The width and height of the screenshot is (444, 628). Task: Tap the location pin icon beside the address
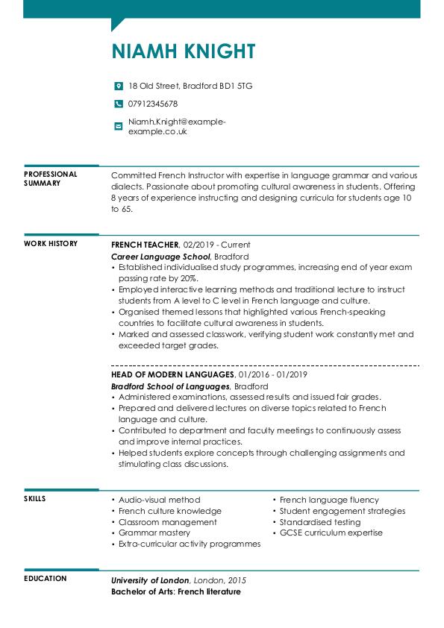118,86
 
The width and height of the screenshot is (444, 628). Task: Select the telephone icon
118,104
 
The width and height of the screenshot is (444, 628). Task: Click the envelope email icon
118,126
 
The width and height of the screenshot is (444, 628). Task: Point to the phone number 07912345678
153,104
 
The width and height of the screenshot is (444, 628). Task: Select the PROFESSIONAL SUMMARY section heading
50,178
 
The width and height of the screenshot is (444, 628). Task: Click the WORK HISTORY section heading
51,244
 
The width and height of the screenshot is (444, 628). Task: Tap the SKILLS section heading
35,499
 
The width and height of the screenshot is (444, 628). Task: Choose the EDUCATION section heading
45,579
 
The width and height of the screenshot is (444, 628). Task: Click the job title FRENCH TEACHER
145,245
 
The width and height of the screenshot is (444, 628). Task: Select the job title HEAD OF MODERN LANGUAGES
172,374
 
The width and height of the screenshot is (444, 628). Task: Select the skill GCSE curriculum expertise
331,533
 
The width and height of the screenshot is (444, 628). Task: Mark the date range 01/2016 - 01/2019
272,374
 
